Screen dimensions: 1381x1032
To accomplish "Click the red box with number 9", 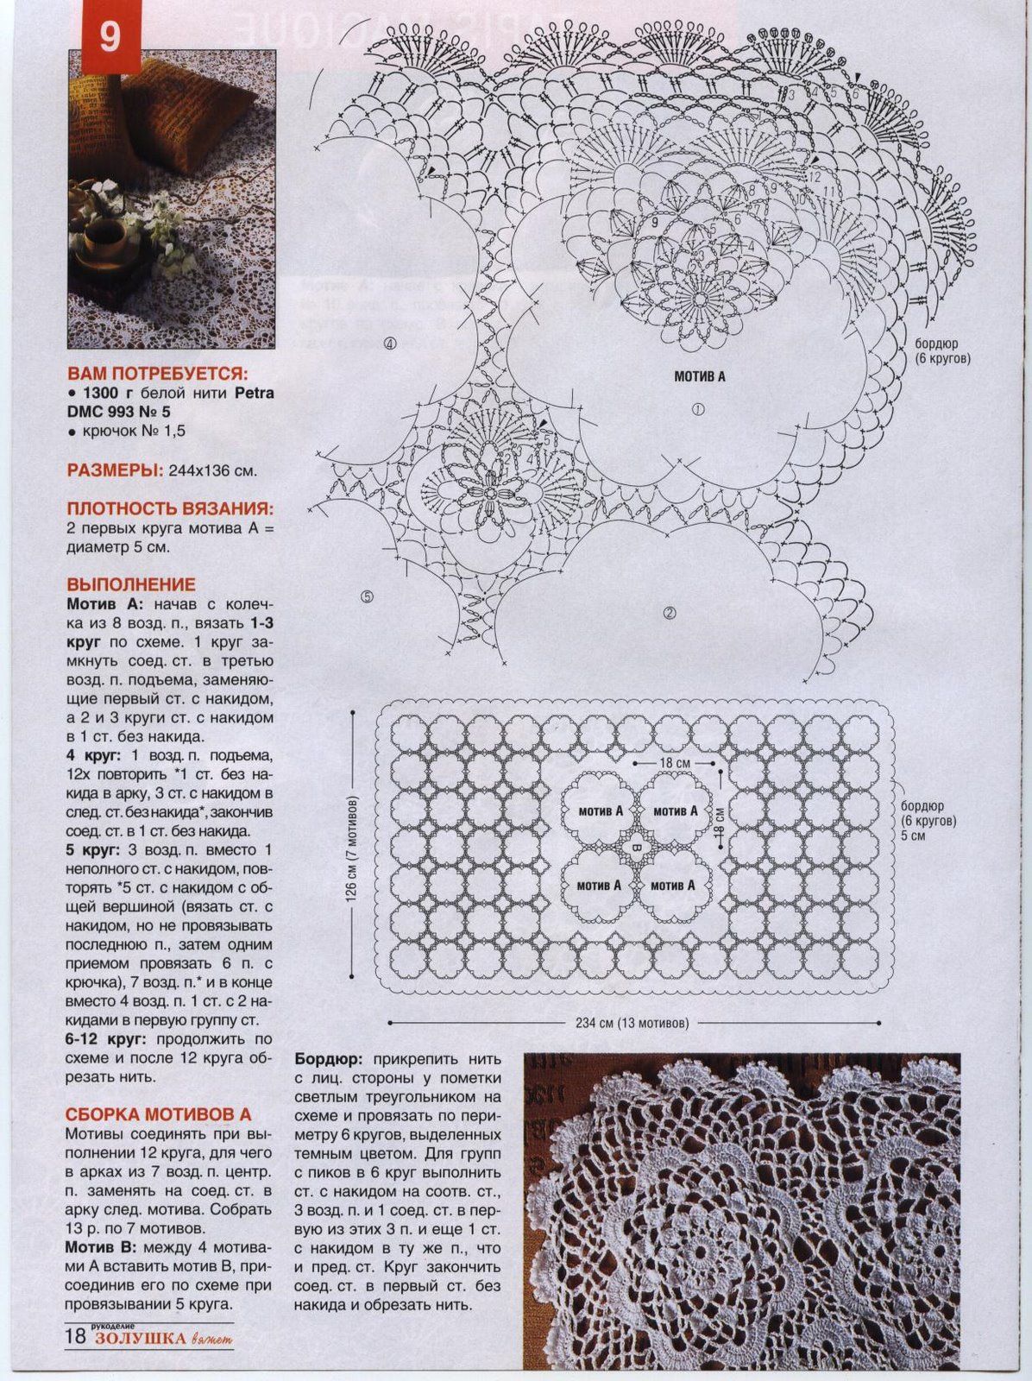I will point(110,40).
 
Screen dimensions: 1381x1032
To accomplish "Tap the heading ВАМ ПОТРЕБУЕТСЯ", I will point(157,374).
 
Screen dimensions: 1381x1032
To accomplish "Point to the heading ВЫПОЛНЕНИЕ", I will point(131,584).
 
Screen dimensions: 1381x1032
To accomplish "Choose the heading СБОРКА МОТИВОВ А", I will point(159,1115).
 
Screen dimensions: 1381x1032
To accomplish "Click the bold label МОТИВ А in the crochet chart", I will point(700,376).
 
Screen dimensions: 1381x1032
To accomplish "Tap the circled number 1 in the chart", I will point(698,409).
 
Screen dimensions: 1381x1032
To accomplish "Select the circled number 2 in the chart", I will point(669,614).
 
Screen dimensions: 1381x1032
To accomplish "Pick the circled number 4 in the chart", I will point(390,344).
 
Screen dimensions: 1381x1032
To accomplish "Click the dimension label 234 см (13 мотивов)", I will point(632,1024).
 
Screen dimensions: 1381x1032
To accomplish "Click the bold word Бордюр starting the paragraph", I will point(328,1058).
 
